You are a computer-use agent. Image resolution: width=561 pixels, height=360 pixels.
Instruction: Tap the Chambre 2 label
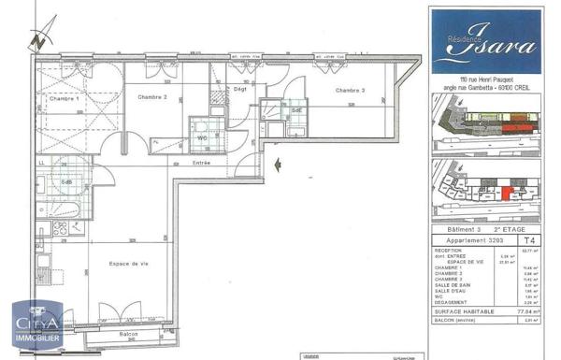click(152, 97)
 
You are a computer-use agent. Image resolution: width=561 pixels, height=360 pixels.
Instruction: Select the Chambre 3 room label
click(350, 91)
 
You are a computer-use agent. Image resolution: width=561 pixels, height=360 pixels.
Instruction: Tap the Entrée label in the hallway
click(201, 163)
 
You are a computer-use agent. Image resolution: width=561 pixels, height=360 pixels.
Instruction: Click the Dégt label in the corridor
click(239, 89)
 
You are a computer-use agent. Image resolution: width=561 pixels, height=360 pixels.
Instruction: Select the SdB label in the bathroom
click(67, 182)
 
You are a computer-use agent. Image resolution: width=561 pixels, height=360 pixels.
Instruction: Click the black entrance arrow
click(278, 166)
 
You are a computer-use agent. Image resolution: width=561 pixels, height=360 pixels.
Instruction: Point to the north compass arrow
click(35, 40)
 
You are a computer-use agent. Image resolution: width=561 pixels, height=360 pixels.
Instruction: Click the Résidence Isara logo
click(486, 39)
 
